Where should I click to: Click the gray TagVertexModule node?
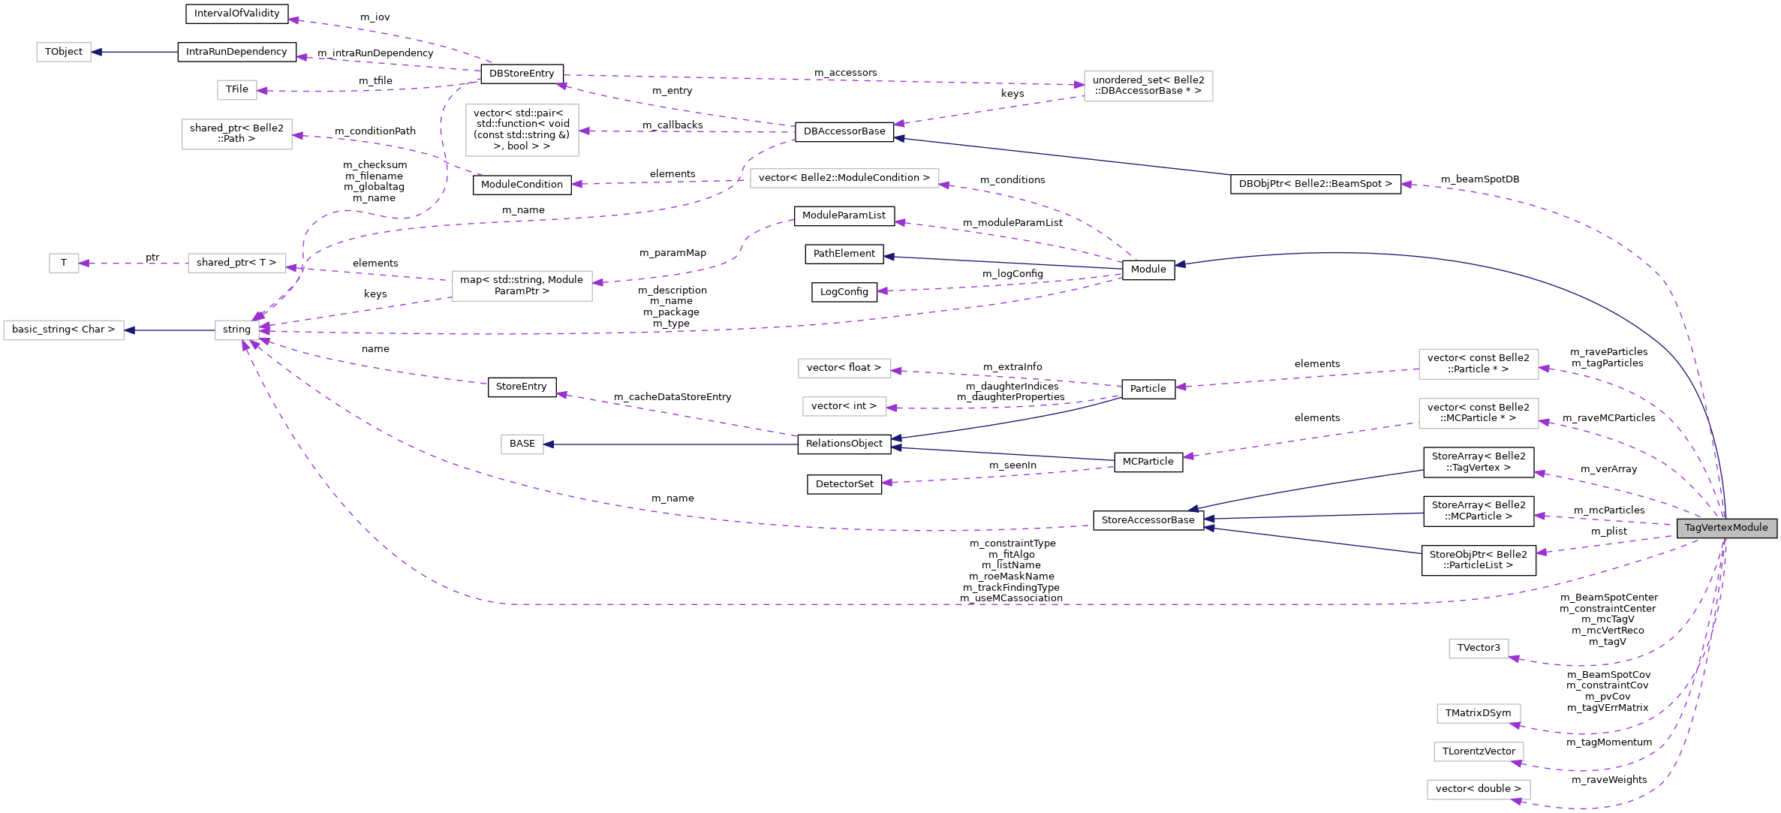coord(1726,528)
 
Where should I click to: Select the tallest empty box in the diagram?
coord(522,130)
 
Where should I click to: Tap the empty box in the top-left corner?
coord(64,52)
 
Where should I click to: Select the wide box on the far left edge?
coord(64,330)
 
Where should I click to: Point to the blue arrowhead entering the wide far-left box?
coord(130,330)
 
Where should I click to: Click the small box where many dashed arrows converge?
coord(236,330)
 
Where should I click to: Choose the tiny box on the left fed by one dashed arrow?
coord(64,263)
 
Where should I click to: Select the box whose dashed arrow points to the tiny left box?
coord(236,263)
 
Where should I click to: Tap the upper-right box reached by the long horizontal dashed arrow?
coord(1148,86)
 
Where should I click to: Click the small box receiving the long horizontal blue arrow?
coord(522,444)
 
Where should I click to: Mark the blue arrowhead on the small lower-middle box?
coord(549,444)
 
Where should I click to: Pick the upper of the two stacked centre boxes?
coord(844,368)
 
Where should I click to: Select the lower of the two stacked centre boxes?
coord(844,406)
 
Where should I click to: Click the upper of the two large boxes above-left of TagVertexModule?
coord(1479,364)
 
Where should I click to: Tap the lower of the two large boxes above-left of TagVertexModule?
coord(1479,414)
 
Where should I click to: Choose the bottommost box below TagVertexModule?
coord(1479,790)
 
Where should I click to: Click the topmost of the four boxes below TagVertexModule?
coord(1479,649)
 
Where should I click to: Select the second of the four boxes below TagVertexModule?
coord(1479,713)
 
